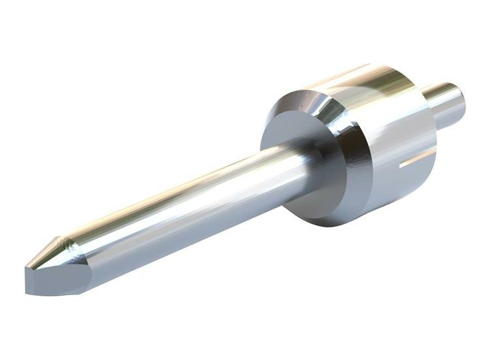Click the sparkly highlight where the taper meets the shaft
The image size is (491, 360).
click(65, 243)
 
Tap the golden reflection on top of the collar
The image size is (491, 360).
click(367, 79)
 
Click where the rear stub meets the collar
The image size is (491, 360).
click(429, 108)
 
